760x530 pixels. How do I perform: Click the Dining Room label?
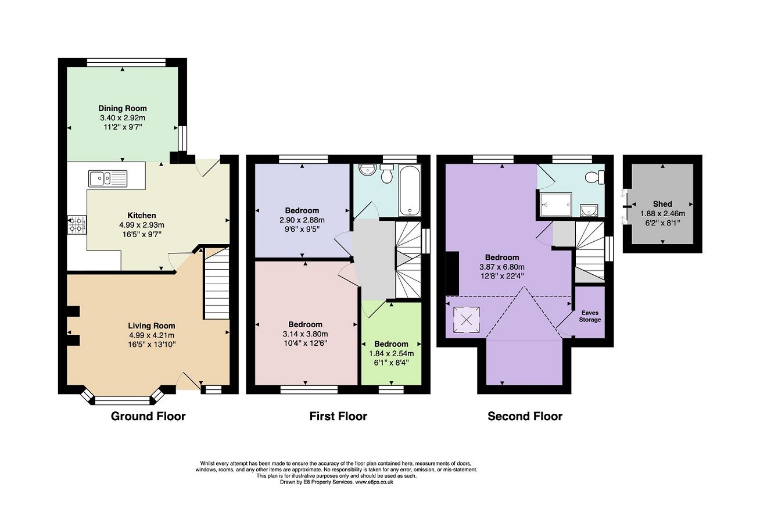coord(123,108)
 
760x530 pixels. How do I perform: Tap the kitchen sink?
coord(107,178)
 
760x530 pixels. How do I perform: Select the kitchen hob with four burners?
coord(77,224)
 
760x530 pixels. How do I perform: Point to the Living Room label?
coord(152,325)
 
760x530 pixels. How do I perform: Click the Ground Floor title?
coord(148,416)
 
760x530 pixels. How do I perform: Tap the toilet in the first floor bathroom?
coord(387,173)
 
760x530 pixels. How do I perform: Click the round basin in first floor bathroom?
coord(366,170)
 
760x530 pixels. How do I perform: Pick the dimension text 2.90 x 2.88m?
coord(302,220)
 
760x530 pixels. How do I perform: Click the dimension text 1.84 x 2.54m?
coord(391,353)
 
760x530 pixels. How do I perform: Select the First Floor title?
coord(338,416)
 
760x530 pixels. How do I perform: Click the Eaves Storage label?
coord(590,316)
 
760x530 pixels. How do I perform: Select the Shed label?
coord(662,204)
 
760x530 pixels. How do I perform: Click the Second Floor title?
coord(525,416)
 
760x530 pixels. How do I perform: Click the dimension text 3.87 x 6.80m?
coord(502,267)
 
